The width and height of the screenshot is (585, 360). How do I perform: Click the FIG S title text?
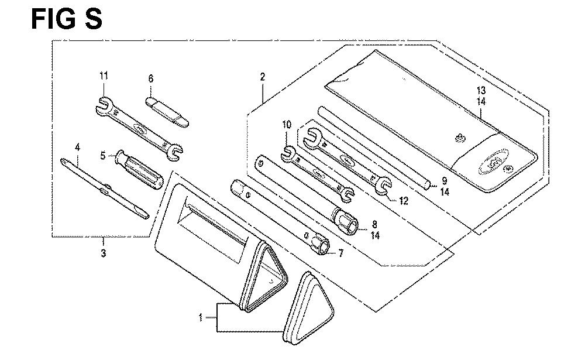[67, 19]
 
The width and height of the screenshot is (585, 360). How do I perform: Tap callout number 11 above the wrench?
[104, 76]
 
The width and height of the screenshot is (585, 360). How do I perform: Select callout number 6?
[151, 78]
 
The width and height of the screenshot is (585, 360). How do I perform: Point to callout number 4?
[77, 147]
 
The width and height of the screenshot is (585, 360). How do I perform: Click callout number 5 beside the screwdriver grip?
[103, 155]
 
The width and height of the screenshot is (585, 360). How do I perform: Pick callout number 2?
[263, 77]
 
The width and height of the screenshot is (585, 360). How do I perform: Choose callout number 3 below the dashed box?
[104, 253]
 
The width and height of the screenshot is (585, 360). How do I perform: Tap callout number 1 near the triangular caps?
[201, 317]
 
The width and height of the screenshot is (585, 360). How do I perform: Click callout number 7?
[340, 253]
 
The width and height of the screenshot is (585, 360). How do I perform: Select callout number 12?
[404, 201]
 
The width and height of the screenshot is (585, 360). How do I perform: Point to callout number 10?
[287, 124]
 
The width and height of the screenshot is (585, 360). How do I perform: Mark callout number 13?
[481, 90]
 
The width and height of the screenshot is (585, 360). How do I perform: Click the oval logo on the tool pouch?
[494, 162]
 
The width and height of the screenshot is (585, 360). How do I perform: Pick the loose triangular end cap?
[308, 308]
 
